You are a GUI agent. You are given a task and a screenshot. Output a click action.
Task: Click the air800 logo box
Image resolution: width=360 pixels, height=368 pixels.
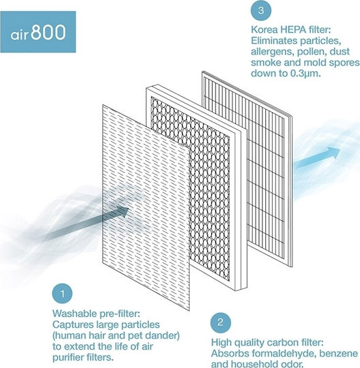tap(37, 31)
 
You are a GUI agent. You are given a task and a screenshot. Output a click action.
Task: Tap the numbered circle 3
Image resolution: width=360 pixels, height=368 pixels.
tap(261, 10)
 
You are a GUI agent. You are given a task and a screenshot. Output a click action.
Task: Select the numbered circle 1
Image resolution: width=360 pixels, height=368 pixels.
tap(62, 294)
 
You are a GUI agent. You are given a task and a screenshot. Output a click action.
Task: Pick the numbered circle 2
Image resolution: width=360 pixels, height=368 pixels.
tap(220, 322)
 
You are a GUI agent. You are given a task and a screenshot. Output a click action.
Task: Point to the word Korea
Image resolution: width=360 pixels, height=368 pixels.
tap(265, 30)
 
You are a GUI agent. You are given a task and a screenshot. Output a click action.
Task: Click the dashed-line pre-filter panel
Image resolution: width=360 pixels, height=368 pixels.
tap(146, 208)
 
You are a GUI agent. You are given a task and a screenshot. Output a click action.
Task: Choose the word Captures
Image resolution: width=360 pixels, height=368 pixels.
tap(73, 325)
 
